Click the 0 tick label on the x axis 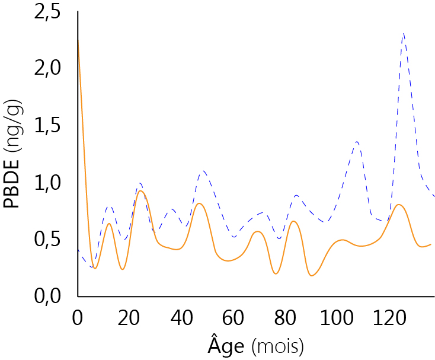78,317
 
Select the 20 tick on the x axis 129,317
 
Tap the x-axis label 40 181,317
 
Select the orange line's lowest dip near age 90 312,275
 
